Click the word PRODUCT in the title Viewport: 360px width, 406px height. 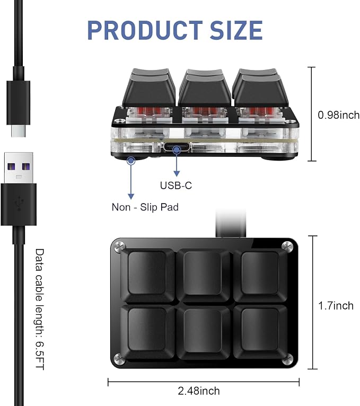point(145,30)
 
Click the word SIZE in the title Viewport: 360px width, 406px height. point(236,30)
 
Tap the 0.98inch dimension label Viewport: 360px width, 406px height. point(338,115)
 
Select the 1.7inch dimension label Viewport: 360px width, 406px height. point(336,306)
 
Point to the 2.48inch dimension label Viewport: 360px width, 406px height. point(199,391)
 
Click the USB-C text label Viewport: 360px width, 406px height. point(176,186)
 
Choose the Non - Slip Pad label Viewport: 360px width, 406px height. point(145,207)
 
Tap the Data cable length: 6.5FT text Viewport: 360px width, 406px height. point(40,309)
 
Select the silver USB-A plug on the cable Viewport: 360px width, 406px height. point(19,168)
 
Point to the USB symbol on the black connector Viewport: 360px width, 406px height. point(19,203)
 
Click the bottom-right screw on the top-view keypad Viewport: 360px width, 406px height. point(287,359)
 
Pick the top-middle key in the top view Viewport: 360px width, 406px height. point(204,275)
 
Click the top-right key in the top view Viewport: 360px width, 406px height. point(260,275)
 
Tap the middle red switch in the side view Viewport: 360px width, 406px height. point(203,112)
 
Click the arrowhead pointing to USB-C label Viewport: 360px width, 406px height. point(177,173)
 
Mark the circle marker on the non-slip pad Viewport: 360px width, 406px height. point(131,161)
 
